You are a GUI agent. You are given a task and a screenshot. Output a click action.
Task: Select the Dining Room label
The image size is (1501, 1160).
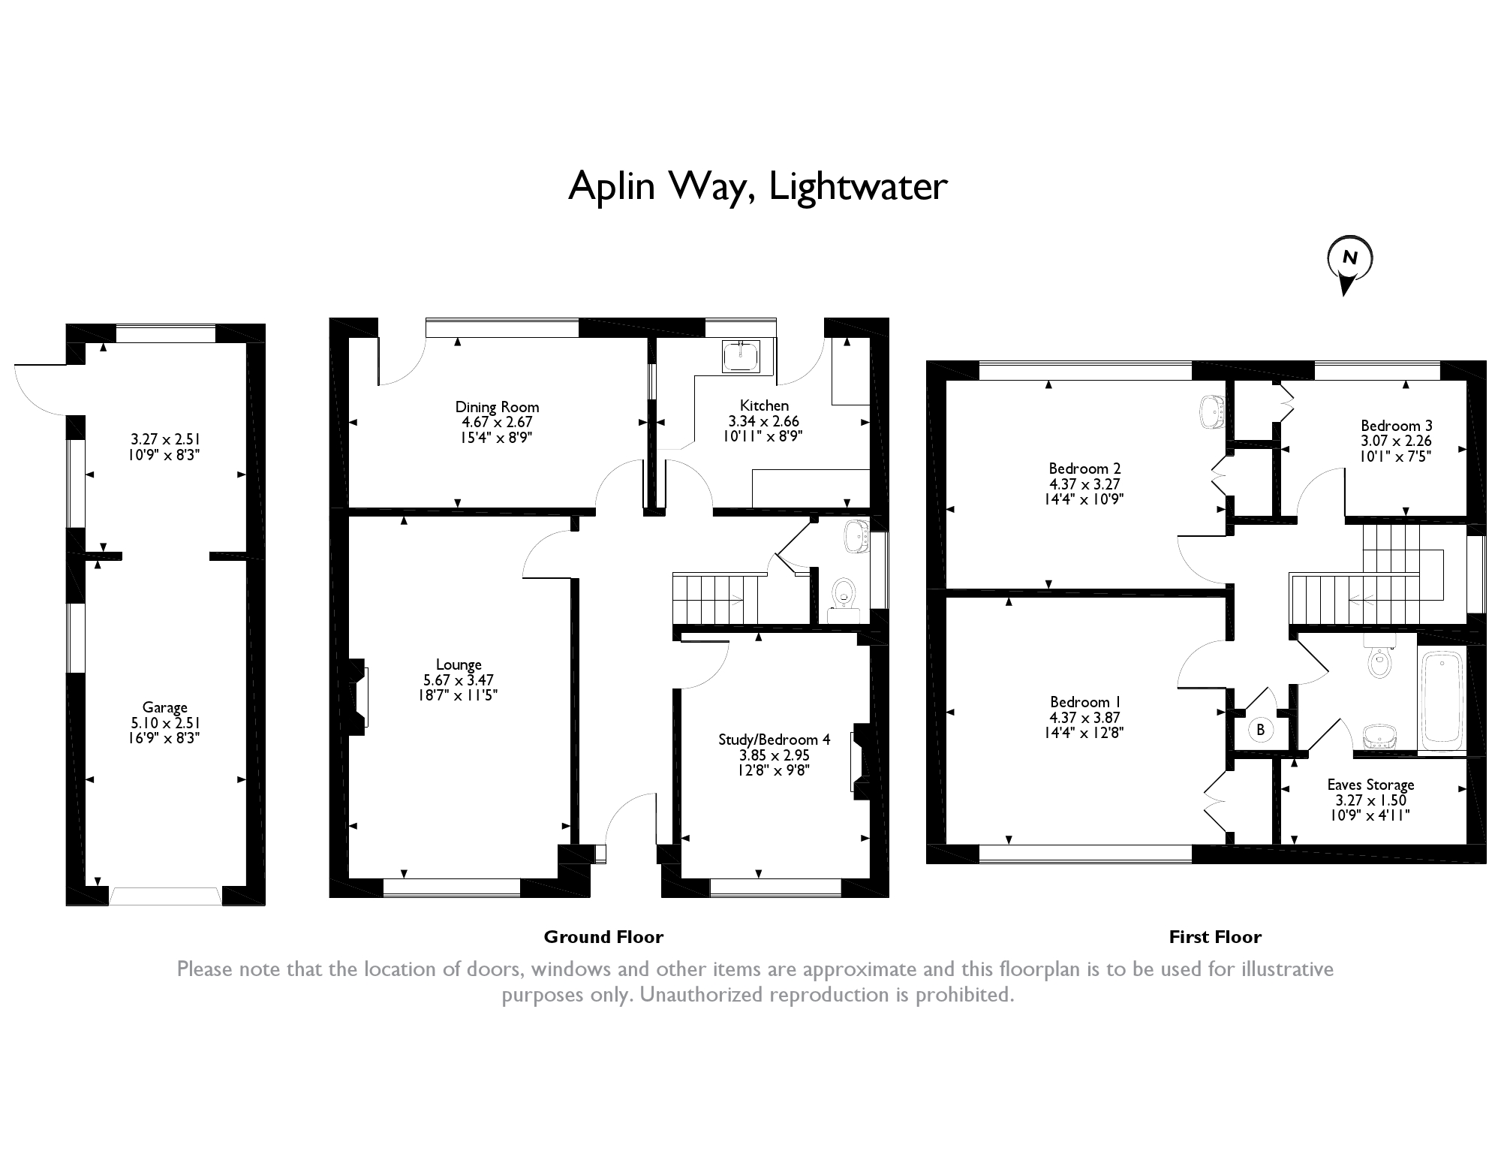[497, 407]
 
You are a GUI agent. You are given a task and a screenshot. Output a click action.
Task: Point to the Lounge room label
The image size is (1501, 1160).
[459, 664]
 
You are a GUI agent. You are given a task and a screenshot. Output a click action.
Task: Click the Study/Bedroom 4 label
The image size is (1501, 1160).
[775, 740]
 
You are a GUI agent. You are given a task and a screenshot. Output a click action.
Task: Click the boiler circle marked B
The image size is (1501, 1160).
[1260, 729]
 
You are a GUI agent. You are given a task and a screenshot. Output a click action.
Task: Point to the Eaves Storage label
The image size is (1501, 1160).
[1370, 785]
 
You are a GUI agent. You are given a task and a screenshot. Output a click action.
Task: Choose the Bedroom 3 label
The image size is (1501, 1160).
[1397, 426]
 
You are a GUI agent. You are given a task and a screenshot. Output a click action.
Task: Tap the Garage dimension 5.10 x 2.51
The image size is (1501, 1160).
[165, 723]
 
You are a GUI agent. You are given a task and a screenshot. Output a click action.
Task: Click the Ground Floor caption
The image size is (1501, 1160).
[603, 937]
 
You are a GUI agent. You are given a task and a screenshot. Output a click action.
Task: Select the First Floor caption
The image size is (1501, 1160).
[1215, 937]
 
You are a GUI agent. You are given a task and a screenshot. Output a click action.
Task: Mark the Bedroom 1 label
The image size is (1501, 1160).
[1084, 702]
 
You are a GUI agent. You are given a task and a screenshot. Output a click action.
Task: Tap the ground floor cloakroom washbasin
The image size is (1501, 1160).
[856, 536]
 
